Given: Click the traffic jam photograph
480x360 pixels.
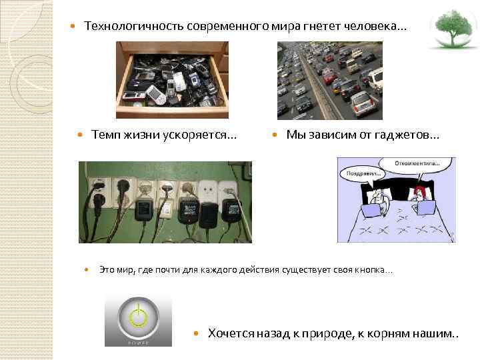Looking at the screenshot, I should point(329,80).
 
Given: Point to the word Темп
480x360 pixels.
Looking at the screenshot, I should point(106,135).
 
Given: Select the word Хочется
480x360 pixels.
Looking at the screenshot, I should point(230,333).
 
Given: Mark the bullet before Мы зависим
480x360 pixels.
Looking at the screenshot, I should point(275,135).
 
